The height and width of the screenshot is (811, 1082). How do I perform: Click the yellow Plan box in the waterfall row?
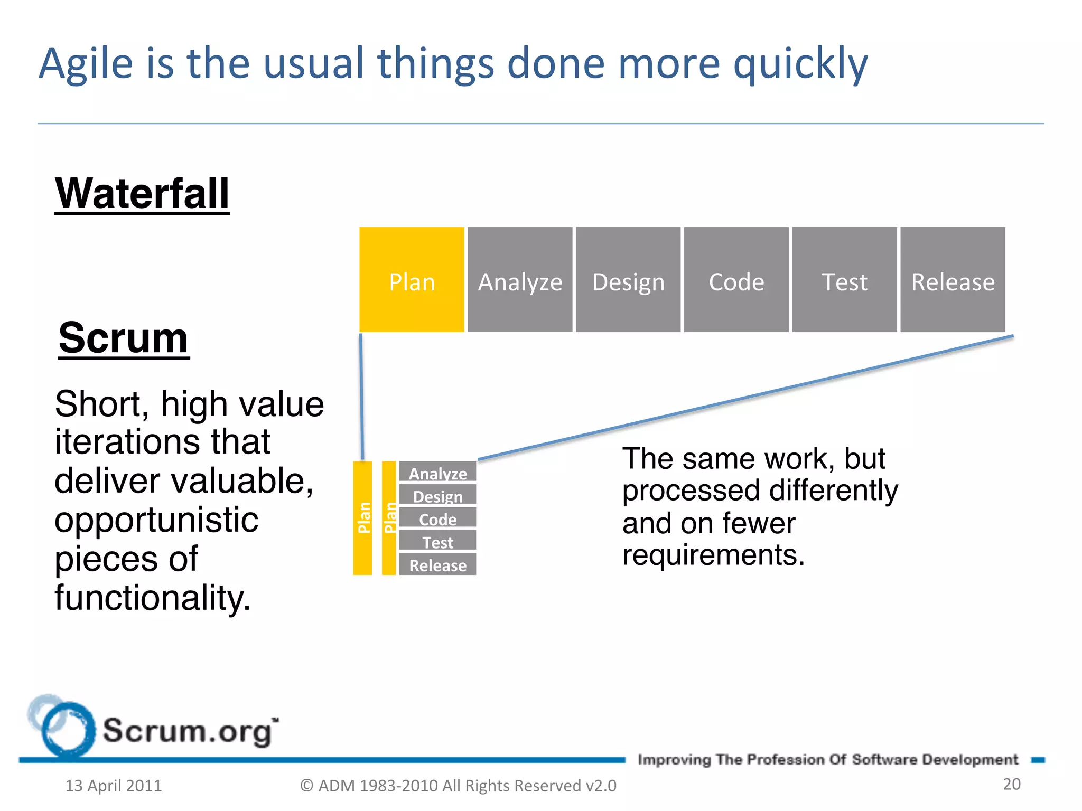[412, 280]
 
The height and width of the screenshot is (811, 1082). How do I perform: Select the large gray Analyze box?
[520, 280]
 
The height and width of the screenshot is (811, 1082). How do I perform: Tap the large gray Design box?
[628, 280]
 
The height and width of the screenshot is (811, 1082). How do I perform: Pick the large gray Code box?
[736, 280]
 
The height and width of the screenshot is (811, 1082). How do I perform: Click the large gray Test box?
[844, 280]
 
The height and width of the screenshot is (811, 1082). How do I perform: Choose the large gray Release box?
[953, 280]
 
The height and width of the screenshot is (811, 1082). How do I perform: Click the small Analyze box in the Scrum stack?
[437, 471]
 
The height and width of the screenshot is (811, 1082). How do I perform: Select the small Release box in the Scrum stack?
[437, 564]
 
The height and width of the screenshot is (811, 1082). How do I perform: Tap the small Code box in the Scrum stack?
[437, 518]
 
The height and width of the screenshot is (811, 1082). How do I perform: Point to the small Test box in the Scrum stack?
[437, 541]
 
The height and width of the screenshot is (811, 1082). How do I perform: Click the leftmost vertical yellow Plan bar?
[362, 518]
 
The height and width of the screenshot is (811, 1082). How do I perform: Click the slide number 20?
[1011, 784]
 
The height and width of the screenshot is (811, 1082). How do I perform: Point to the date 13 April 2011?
[113, 786]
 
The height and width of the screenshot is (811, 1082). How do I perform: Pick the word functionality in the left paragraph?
[152, 598]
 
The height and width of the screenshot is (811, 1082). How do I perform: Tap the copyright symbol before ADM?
[306, 786]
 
